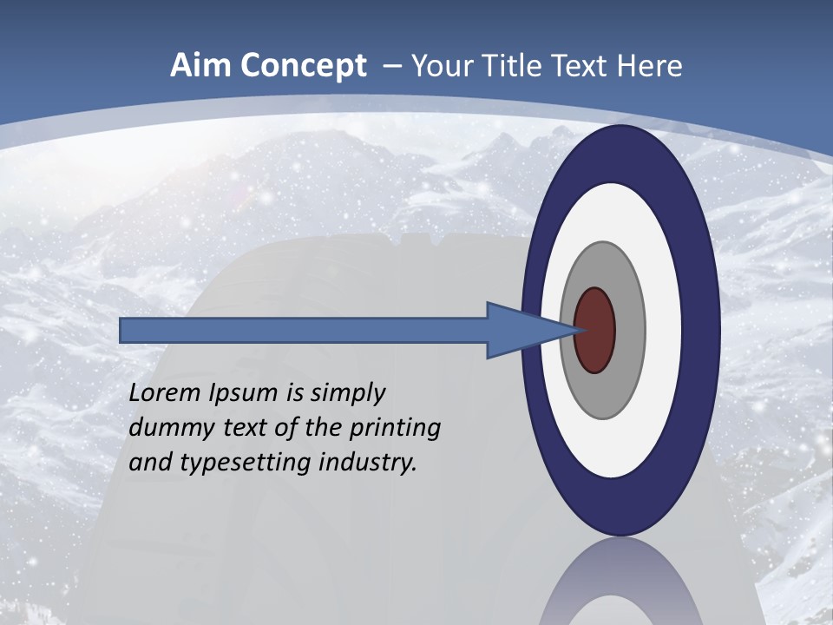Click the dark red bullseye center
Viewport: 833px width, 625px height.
point(595,331)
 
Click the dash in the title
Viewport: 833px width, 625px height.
point(391,66)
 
